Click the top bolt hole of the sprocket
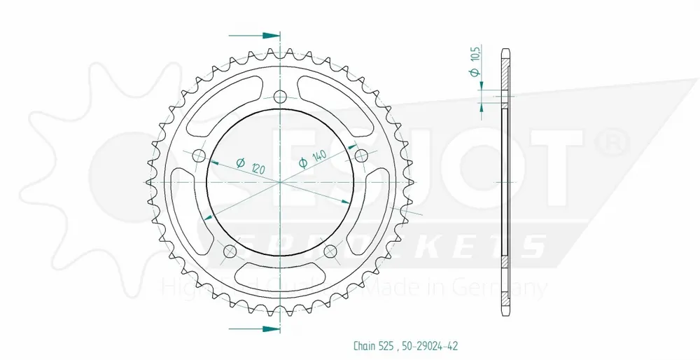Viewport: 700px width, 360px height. click(280, 97)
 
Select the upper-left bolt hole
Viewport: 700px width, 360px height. click(198, 155)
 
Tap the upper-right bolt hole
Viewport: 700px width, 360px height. click(362, 155)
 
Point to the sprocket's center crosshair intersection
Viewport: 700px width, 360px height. click(280, 182)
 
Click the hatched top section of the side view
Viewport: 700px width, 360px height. click(506, 70)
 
